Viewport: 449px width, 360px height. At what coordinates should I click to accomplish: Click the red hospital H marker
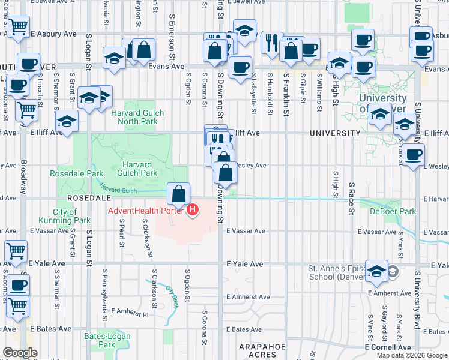click(193, 211)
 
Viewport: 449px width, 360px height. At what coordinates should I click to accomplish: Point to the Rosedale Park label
click(77, 174)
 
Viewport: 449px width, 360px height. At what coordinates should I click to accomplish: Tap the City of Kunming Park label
click(71, 216)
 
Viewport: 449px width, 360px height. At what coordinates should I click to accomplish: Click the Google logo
click(20, 353)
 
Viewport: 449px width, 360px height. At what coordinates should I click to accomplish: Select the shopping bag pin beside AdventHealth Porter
click(178, 194)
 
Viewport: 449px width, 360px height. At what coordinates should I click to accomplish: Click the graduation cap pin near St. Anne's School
click(376, 271)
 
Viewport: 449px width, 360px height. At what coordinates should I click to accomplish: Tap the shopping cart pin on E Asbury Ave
click(17, 26)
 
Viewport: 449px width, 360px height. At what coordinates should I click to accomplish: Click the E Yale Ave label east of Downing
click(245, 264)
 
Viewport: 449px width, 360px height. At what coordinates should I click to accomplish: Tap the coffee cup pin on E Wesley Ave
click(412, 155)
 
